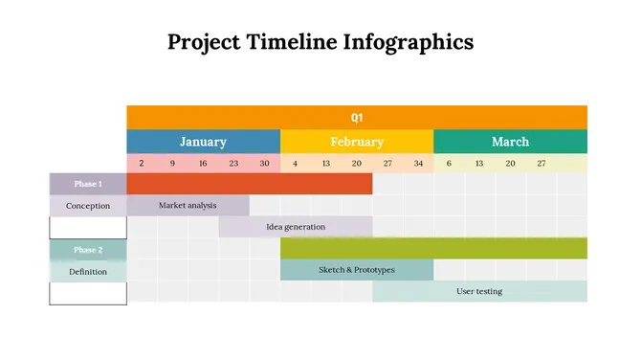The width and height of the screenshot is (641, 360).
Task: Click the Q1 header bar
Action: click(357, 117)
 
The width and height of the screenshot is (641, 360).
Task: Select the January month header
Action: click(203, 142)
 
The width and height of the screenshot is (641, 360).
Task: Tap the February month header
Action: click(357, 142)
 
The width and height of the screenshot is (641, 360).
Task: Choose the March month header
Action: click(510, 142)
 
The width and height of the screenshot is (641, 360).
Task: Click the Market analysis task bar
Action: click(188, 205)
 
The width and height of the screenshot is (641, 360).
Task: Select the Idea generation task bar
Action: click(296, 227)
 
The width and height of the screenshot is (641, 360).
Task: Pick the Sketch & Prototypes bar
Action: click(356, 270)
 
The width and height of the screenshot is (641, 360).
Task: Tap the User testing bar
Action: click(479, 291)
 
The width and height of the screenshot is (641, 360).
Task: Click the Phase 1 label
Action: click(88, 184)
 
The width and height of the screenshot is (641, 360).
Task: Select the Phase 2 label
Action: click(88, 250)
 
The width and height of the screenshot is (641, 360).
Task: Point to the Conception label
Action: click(88, 206)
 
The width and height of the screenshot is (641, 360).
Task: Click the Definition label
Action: click(88, 271)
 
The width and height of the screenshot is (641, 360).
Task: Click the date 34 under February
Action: click(418, 164)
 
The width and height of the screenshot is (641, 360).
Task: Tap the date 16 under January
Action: click(203, 164)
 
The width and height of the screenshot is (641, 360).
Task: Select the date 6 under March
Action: click(449, 164)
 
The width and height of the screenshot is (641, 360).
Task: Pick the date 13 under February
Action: click(326, 164)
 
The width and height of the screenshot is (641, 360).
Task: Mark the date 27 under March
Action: click(541, 164)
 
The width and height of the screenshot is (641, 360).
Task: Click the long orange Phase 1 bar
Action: click(249, 184)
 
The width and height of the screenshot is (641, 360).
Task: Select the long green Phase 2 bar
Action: click(433, 249)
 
